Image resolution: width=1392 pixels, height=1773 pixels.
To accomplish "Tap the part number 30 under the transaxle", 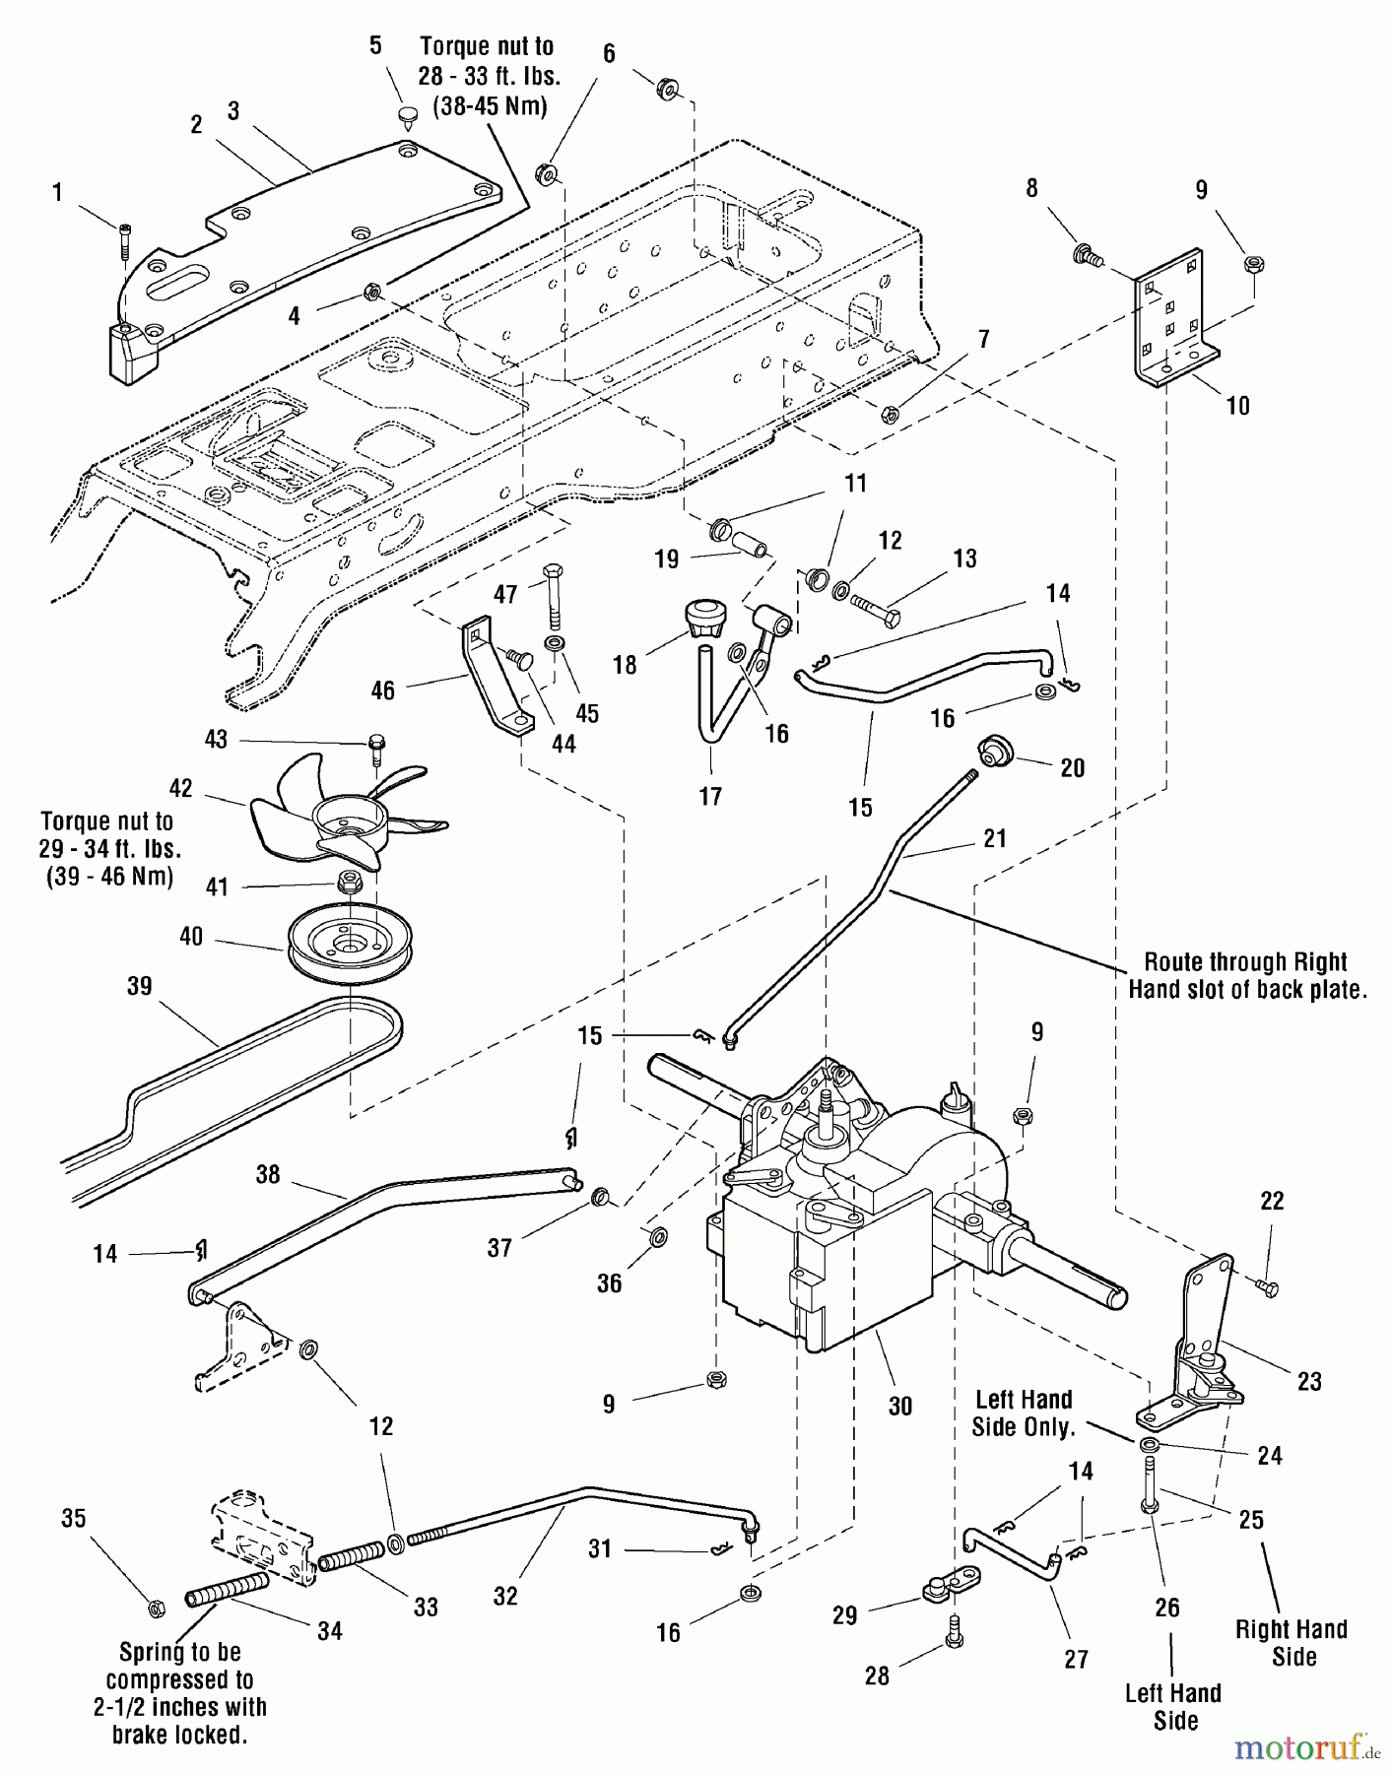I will point(899,1407).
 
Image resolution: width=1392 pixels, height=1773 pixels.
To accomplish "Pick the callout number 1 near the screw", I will point(57,192).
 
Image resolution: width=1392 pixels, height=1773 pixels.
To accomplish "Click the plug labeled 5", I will point(406,117).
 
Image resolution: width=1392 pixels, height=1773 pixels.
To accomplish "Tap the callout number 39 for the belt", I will point(140,985).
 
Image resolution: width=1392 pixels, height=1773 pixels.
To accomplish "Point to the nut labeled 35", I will point(155,1608).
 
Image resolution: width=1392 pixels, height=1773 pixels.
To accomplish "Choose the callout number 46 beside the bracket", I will point(382,689).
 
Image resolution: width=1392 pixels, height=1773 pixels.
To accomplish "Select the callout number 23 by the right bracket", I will point(1308,1381).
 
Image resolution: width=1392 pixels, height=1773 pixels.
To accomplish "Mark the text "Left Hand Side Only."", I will point(1023,1412).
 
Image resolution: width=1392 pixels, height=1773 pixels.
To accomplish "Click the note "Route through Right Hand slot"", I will point(1246,975).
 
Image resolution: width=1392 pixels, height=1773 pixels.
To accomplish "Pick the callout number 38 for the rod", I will point(267,1174).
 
